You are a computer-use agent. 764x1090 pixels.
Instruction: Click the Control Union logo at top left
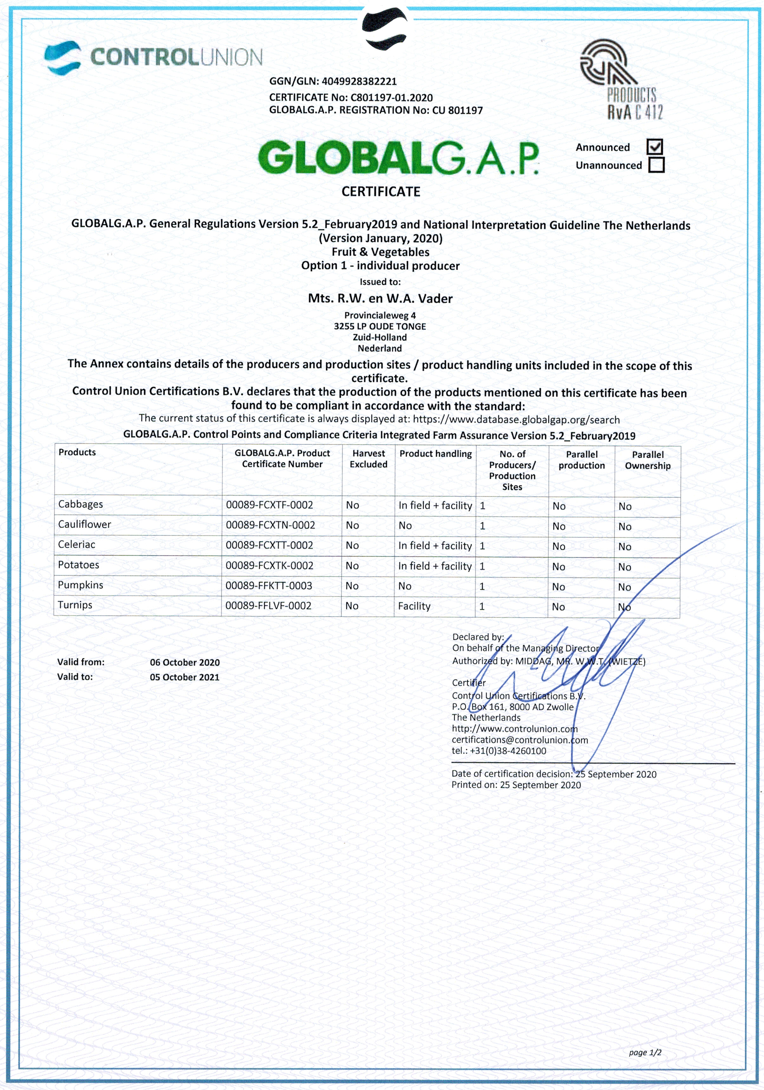153,57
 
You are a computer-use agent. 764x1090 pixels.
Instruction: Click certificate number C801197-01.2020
391,97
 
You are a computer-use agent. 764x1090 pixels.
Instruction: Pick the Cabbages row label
80,504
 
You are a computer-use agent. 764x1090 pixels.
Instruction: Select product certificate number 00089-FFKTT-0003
269,586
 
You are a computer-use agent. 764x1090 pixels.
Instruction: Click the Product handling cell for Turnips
414,606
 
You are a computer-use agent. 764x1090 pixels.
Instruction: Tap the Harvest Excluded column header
368,459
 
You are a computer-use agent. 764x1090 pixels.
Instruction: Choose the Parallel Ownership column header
647,460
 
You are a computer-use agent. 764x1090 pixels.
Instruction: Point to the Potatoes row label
78,565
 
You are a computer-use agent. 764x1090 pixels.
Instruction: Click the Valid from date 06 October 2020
185,662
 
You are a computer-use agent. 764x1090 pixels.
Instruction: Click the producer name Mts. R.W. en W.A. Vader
380,299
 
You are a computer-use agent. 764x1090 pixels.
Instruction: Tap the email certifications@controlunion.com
519,740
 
